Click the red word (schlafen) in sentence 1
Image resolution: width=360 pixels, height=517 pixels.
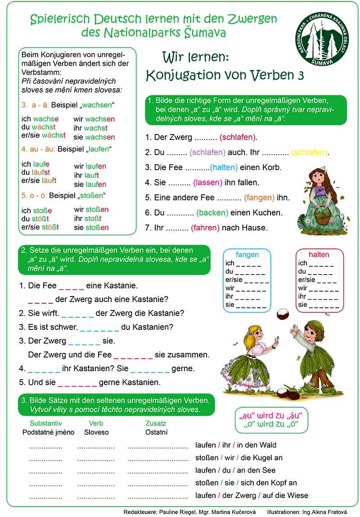pos(238,137)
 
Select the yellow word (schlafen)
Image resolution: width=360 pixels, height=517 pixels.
pos(310,152)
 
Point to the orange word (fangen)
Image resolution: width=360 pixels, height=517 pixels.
pos(259,198)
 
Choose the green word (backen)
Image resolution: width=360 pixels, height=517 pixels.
pos(212,213)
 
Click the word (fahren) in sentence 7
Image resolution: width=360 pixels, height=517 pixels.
pos(205,228)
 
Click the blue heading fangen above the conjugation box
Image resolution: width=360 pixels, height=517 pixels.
pos(247,254)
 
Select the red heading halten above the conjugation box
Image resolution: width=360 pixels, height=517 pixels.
pos(319,254)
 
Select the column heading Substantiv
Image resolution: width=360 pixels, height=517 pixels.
pos(46,423)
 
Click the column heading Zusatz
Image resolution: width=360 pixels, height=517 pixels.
pos(156,423)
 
